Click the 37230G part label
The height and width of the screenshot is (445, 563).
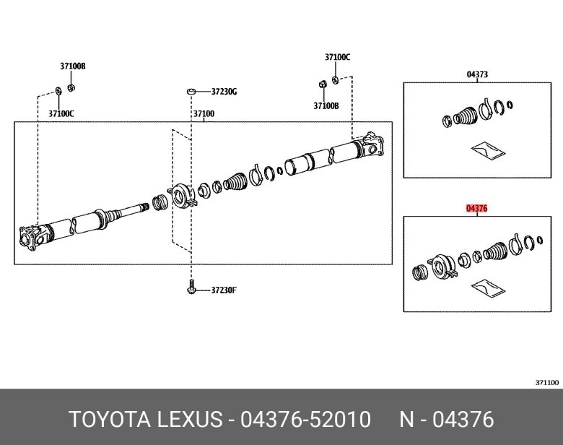click(224, 92)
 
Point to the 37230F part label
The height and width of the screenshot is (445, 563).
click(224, 290)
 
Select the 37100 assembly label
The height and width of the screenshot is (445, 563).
click(203, 114)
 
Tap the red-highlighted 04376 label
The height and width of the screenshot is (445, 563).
click(477, 208)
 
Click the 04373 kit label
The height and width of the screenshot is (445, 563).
click(477, 74)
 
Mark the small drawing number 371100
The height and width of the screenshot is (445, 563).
click(546, 382)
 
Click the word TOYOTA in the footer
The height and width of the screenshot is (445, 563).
click(106, 419)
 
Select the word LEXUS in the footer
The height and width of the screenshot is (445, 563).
click(188, 419)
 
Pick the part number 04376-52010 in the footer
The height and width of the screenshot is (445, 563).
click(305, 419)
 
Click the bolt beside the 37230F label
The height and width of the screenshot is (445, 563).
click(192, 288)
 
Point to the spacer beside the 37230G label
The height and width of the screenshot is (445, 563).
click(191, 91)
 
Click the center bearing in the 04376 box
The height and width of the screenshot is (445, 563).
click(441, 264)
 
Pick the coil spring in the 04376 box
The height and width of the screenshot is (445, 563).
click(419, 272)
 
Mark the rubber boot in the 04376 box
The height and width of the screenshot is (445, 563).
click(496, 251)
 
